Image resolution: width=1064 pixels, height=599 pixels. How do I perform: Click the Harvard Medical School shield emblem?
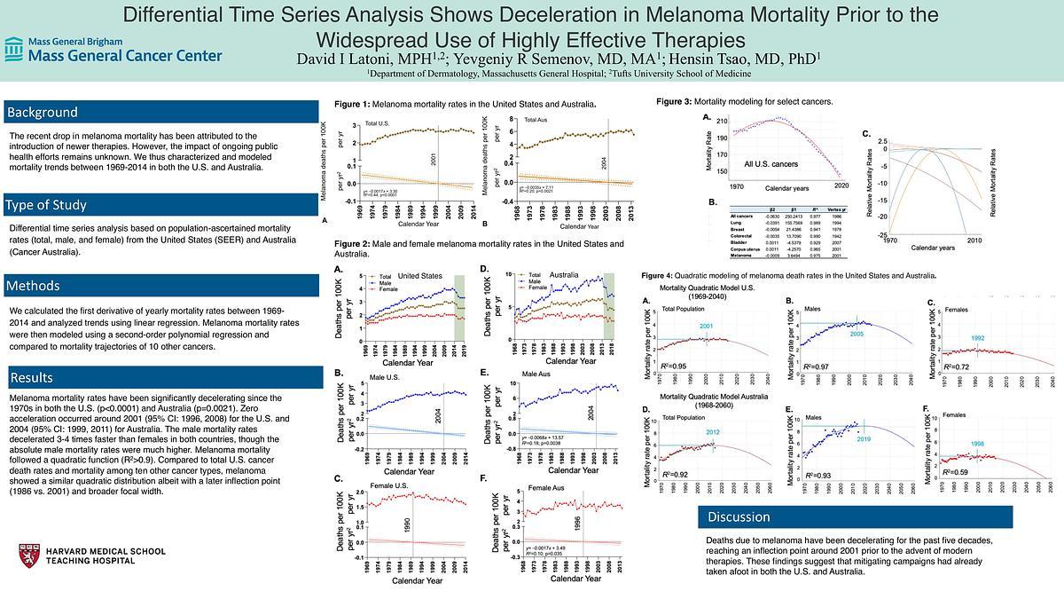28,556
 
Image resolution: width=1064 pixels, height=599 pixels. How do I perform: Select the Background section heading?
43,112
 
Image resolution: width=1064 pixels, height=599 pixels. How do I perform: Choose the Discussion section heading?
739,516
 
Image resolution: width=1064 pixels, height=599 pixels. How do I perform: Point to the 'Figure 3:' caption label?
674,102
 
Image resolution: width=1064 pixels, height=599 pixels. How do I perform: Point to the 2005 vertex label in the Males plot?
857,335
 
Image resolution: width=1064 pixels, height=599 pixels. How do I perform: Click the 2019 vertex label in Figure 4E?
866,439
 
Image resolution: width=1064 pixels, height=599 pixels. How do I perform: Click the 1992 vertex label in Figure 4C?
977,337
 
